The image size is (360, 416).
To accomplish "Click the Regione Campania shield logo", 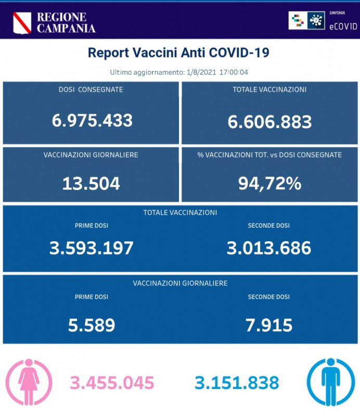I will [22, 22].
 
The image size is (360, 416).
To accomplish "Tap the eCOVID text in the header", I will [343, 24].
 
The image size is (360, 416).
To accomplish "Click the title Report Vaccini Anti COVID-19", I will [178, 53].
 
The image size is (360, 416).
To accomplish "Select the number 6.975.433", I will [92, 121].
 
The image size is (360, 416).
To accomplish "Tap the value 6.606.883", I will [269, 122].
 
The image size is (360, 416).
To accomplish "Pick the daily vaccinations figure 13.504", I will [91, 184].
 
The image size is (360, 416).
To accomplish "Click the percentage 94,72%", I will [269, 184].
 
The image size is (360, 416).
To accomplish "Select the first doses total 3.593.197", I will [92, 248].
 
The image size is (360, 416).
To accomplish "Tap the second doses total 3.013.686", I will [269, 248].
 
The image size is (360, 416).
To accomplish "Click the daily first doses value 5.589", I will [92, 326].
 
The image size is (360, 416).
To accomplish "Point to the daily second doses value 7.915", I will [269, 326].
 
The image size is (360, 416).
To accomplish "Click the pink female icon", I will [29, 382].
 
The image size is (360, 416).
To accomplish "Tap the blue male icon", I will [330, 382].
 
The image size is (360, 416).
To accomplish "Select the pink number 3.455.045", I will [113, 383].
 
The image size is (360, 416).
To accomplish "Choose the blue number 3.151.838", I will [237, 383].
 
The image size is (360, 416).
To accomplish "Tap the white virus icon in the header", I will [314, 21].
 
